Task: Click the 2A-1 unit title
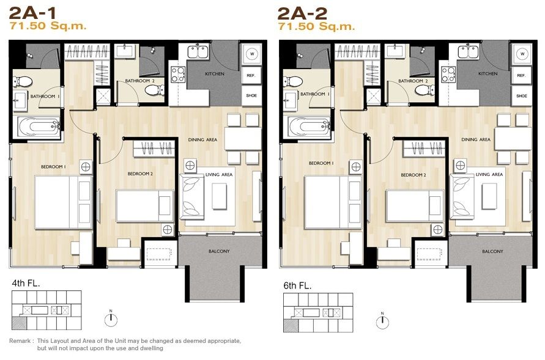point(32,13)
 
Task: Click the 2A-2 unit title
point(302,13)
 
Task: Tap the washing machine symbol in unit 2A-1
point(251,54)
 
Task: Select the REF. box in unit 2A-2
point(521,75)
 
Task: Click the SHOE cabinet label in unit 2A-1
point(251,95)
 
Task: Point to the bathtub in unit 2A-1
point(39,127)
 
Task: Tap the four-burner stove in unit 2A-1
point(177,74)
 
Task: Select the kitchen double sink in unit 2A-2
point(468,52)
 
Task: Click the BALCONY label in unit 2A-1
point(219,251)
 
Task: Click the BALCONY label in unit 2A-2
point(492,251)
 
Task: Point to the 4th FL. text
point(26,283)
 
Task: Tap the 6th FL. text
point(297,285)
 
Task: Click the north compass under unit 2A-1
point(111,319)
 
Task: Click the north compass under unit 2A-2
point(382,321)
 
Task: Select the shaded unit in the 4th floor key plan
point(19,323)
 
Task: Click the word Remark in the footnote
point(20,341)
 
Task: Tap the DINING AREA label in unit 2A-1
point(202,139)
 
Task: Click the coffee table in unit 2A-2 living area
point(489,196)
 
